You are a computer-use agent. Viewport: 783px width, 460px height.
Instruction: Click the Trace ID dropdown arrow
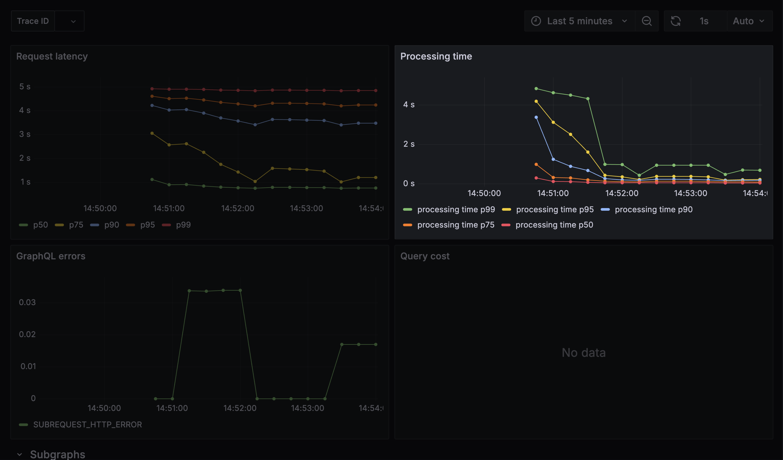click(73, 21)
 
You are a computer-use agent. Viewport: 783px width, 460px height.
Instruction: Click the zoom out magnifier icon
click(647, 21)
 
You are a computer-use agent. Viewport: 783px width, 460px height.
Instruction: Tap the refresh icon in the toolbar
click(676, 21)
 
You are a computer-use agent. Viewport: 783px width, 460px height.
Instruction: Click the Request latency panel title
click(52, 56)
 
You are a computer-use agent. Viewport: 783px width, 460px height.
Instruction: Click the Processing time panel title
click(436, 56)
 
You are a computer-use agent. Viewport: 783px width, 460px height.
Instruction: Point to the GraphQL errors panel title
click(51, 256)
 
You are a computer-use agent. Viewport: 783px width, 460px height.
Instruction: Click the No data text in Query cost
click(583, 353)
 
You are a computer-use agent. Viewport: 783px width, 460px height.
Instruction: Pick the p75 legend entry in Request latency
click(76, 225)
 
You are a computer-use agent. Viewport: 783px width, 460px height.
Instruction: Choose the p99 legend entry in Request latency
click(183, 225)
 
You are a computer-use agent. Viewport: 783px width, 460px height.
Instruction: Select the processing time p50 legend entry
click(554, 225)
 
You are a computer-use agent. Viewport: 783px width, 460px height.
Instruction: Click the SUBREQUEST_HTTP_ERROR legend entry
click(87, 425)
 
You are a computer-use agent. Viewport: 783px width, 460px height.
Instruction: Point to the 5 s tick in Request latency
click(25, 87)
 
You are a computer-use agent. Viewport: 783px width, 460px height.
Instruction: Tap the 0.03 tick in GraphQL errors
click(27, 302)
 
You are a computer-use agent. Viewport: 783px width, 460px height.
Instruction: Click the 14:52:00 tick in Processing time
click(622, 193)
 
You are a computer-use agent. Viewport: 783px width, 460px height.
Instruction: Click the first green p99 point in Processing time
click(536, 89)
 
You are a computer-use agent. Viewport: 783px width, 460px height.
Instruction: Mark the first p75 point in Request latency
click(152, 133)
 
